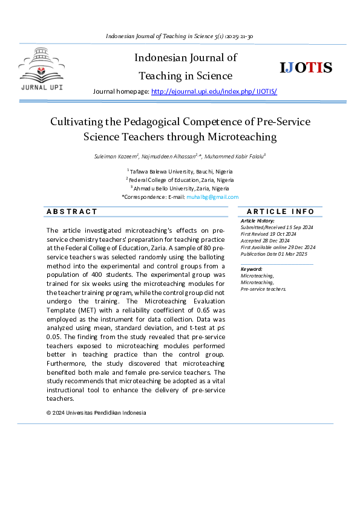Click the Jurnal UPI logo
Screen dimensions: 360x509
pyautogui.click(x=42, y=72)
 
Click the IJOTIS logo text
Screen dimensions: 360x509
pyautogui.click(x=306, y=68)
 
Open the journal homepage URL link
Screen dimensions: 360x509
pyautogui.click(x=214, y=91)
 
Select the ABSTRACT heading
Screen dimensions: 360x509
pyautogui.click(x=72, y=212)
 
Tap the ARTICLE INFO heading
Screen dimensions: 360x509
pyautogui.click(x=281, y=212)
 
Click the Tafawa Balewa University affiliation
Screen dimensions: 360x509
pyautogui.click(x=180, y=172)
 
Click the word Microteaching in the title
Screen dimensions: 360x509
pyautogui.click(x=246, y=137)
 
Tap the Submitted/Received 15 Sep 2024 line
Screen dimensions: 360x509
pyautogui.click(x=277, y=227)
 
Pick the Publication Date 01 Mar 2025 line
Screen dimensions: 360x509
pyautogui.click(x=274, y=254)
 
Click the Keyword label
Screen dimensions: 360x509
pyautogui.click(x=251, y=269)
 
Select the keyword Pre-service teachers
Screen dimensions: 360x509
pyautogui.click(x=264, y=289)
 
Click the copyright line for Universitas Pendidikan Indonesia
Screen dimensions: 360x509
pyautogui.click(x=96, y=413)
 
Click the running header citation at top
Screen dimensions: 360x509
pyautogui.click(x=179, y=36)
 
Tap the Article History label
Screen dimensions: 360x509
pyautogui.click(x=258, y=221)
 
